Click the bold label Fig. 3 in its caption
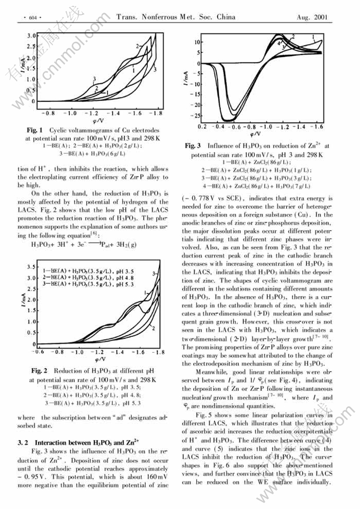pyautogui.click(x=194, y=145)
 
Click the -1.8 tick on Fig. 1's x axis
pyautogui.click(x=158, y=113)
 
